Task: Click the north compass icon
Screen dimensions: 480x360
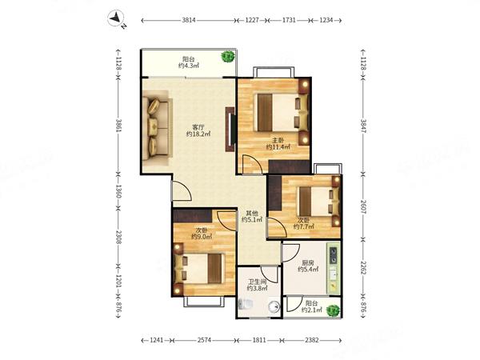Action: point(116,18)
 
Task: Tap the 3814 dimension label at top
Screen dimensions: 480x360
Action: point(189,20)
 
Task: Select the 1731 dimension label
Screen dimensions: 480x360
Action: point(289,20)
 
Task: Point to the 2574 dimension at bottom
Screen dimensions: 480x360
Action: point(204,340)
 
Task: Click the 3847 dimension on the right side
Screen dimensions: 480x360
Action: point(363,126)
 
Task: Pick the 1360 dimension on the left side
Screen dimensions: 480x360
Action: point(118,191)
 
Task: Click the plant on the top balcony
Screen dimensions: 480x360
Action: point(228,56)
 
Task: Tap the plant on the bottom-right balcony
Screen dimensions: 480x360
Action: point(333,310)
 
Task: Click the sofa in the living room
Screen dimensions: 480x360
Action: point(155,128)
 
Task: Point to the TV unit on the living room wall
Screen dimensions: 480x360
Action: point(230,129)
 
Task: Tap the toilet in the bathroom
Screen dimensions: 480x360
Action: point(246,305)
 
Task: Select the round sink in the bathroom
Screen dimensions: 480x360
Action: point(274,306)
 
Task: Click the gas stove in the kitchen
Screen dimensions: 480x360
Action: point(333,255)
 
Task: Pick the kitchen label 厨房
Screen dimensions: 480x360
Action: point(308,262)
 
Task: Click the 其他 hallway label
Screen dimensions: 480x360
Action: point(252,213)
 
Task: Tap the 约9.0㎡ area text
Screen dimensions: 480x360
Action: point(202,237)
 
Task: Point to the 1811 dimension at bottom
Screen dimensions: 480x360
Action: point(259,340)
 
